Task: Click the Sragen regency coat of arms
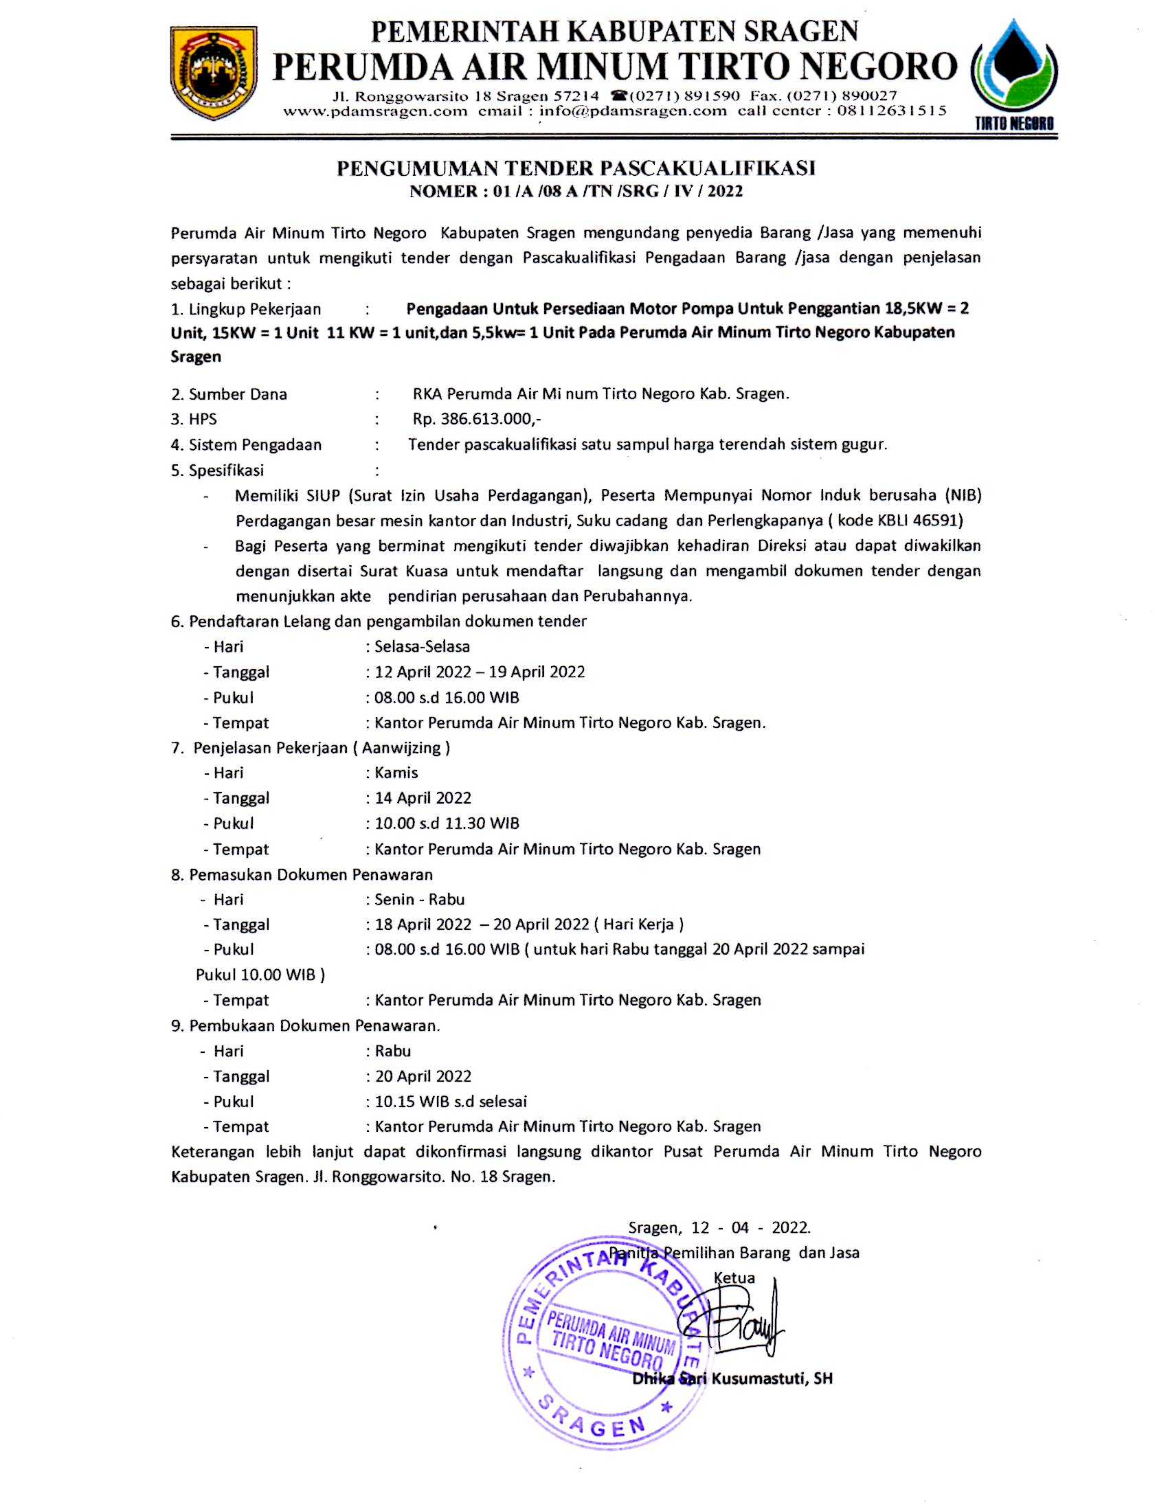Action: point(214,73)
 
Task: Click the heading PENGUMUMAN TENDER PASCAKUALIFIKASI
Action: point(576,168)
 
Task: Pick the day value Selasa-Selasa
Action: point(422,646)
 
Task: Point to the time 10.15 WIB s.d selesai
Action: point(451,1101)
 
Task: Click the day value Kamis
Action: point(396,772)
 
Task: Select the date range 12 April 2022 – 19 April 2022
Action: point(480,672)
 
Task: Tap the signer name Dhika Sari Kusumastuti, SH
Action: point(732,1378)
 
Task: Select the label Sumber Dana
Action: point(237,394)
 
